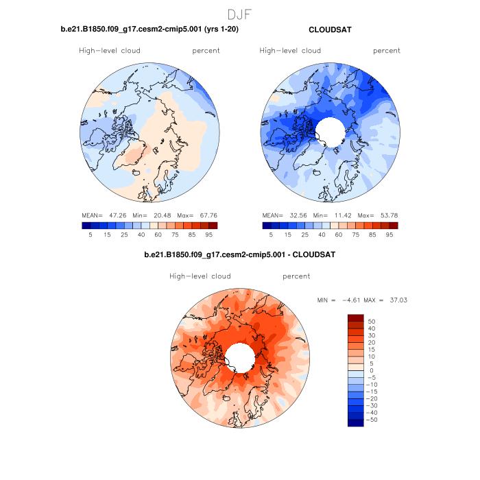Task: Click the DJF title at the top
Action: (239, 14)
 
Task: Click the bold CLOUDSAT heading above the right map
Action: (331, 30)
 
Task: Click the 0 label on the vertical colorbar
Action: (370, 370)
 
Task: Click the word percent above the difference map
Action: (296, 276)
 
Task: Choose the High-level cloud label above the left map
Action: (110, 51)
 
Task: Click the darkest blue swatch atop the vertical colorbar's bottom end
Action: (355, 422)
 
